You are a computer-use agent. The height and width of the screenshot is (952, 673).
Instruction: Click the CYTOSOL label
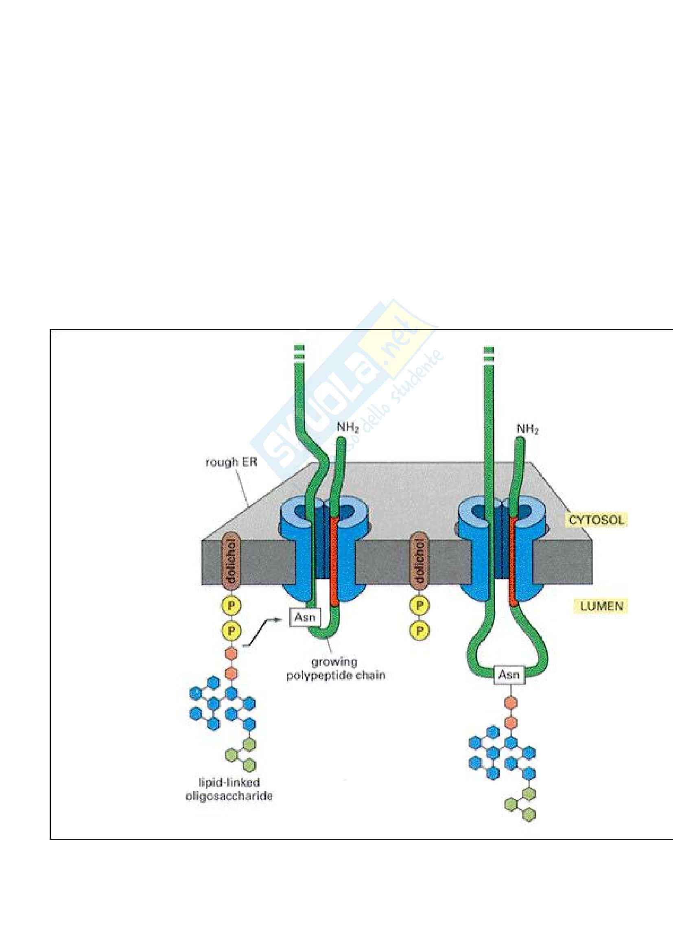[597, 521]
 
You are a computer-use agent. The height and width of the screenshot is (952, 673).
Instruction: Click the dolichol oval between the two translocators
[420, 563]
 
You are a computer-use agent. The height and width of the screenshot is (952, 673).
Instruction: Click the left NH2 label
[347, 427]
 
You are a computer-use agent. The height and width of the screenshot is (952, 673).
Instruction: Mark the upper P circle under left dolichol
[232, 605]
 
